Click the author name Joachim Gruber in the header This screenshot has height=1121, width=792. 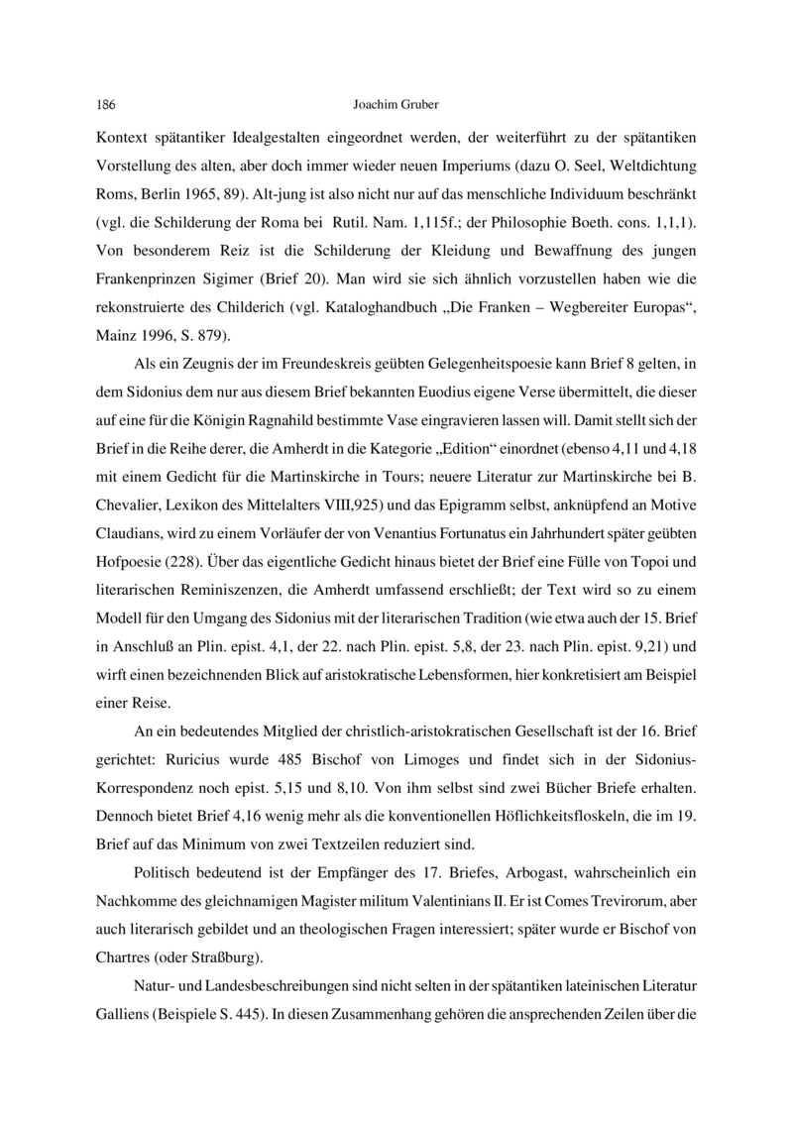(396, 103)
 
